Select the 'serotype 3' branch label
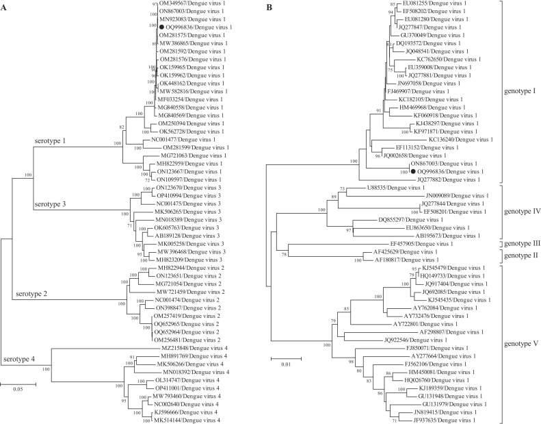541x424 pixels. point(54,205)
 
